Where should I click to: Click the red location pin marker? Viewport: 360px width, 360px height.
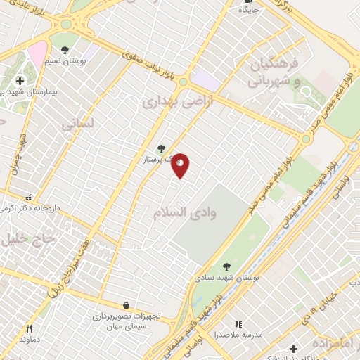click(x=181, y=165)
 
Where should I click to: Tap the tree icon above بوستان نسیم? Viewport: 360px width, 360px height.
click(x=65, y=50)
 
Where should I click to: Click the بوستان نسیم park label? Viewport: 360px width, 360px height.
click(x=67, y=62)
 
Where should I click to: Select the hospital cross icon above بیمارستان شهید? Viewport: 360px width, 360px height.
click(x=20, y=81)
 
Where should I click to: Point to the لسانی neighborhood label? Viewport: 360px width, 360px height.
click(x=77, y=124)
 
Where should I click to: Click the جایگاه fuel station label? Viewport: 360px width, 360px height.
click(x=249, y=11)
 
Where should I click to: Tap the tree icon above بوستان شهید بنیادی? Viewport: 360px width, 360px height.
click(x=226, y=266)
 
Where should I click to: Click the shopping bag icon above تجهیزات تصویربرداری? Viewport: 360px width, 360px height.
click(x=126, y=305)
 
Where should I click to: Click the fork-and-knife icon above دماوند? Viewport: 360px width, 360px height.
click(x=29, y=328)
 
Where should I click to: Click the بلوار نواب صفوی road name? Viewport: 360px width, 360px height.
click(x=148, y=63)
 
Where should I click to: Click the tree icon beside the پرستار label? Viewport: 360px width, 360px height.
click(x=162, y=148)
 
